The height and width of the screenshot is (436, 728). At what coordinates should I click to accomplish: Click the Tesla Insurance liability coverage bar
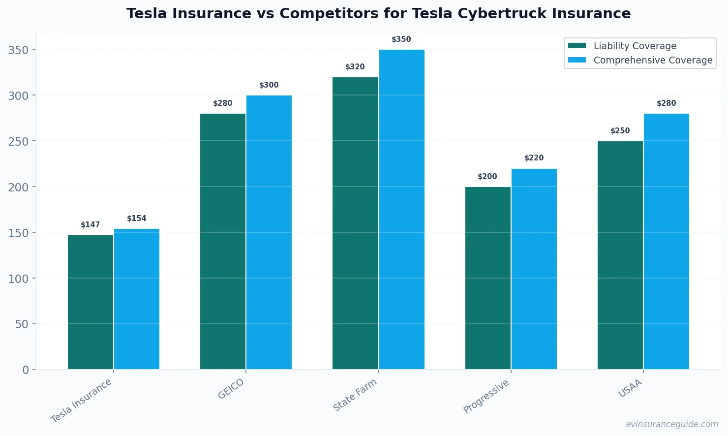91,302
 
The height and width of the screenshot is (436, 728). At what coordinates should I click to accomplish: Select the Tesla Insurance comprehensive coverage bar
137,299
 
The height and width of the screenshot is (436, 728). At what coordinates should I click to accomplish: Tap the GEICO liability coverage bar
223,241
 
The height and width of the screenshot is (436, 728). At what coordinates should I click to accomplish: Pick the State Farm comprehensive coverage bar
401,209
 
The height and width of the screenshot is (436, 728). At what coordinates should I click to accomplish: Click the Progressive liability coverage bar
487,278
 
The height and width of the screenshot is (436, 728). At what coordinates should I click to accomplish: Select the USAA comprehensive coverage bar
666,241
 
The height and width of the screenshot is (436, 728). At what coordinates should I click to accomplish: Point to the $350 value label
401,39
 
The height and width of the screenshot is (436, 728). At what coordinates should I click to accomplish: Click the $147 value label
91,225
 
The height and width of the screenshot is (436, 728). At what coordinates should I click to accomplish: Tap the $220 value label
534,158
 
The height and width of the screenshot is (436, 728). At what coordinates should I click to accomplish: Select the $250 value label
620,131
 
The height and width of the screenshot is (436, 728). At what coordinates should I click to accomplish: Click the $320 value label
355,67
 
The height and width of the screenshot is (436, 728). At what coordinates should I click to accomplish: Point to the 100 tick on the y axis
18,279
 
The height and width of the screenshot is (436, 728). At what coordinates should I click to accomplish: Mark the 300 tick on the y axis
18,95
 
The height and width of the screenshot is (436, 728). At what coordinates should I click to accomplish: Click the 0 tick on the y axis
26,370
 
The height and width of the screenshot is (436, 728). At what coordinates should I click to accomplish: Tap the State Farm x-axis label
355,395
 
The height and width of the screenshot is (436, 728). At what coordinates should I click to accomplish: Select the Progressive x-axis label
486,397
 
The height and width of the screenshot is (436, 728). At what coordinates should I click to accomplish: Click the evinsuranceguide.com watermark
671,424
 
